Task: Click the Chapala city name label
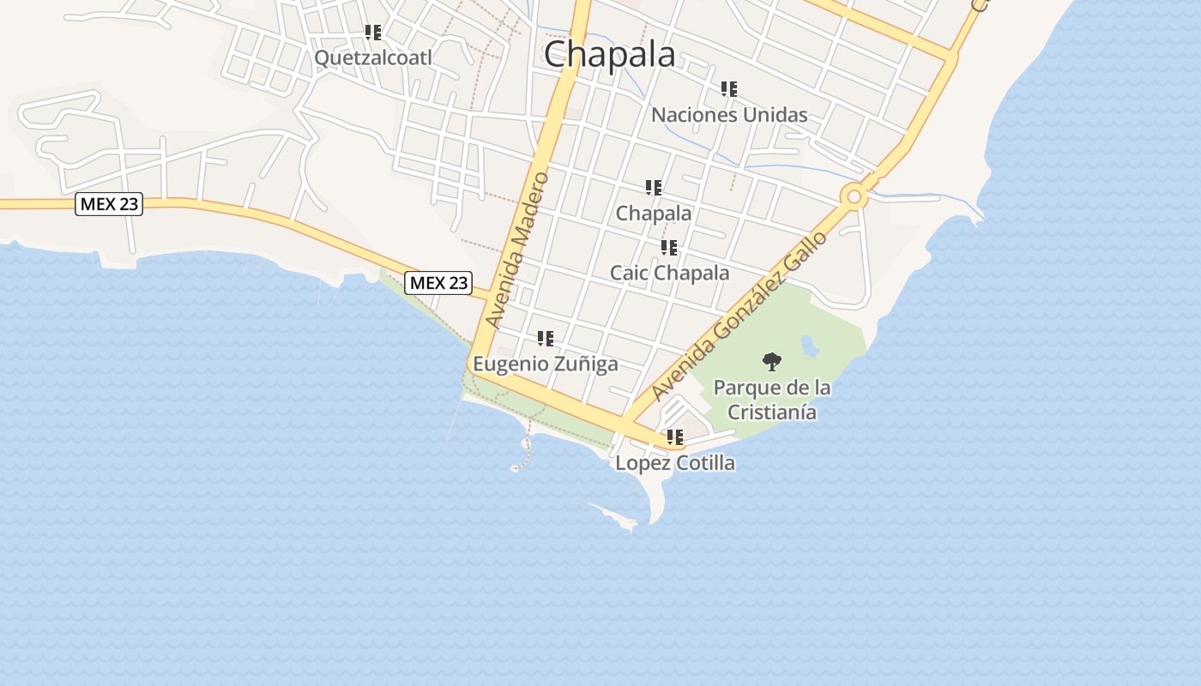610,54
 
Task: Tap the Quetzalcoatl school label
373,57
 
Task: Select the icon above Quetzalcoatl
373,33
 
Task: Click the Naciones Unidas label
729,115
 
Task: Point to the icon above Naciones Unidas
729,89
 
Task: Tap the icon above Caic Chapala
669,248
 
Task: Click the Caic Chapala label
669,273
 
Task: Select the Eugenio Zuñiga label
546,364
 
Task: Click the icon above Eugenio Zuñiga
546,339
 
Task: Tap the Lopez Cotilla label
675,463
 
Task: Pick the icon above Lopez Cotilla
675,437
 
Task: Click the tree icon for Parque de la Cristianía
772,362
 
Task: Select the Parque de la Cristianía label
772,400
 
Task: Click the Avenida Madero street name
516,250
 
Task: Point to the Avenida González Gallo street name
739,316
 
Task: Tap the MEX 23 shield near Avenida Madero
439,282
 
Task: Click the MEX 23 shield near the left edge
109,204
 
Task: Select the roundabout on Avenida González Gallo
854,197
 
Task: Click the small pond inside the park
808,346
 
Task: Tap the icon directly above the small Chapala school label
654,187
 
